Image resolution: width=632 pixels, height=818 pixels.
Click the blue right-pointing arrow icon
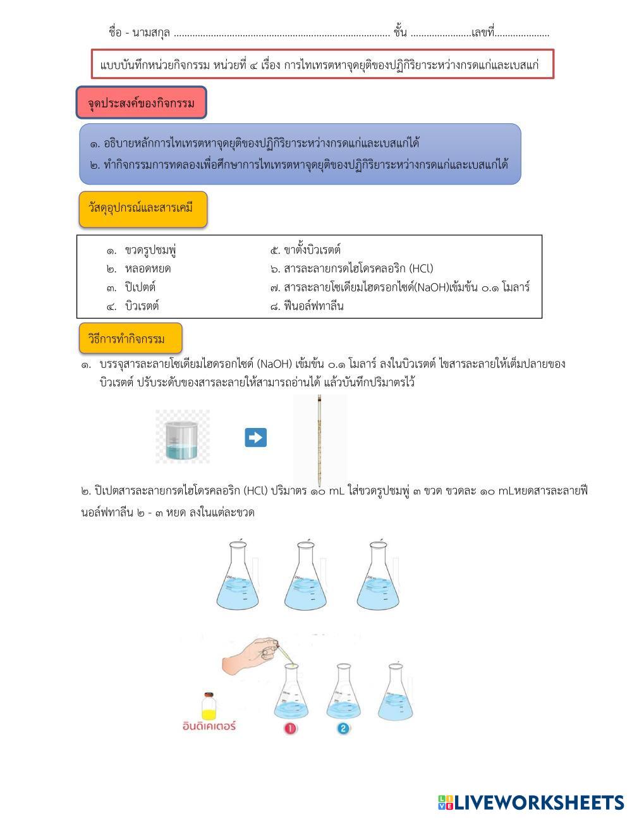tap(255, 437)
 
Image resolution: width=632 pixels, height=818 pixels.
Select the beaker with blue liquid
tap(183, 437)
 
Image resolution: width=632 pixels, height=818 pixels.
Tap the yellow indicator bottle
tap(209, 704)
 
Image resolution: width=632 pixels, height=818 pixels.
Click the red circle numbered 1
tap(290, 728)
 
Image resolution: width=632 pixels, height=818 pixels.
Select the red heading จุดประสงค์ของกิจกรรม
tap(141, 103)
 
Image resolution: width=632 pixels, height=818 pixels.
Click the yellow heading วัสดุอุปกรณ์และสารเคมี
tap(143, 209)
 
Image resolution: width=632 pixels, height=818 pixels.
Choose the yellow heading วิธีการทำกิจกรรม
tap(130, 339)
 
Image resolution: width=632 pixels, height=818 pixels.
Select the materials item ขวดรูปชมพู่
tap(150, 250)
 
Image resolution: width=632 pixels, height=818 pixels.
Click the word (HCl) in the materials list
tap(421, 269)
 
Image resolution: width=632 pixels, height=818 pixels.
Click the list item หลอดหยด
tap(147, 269)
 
